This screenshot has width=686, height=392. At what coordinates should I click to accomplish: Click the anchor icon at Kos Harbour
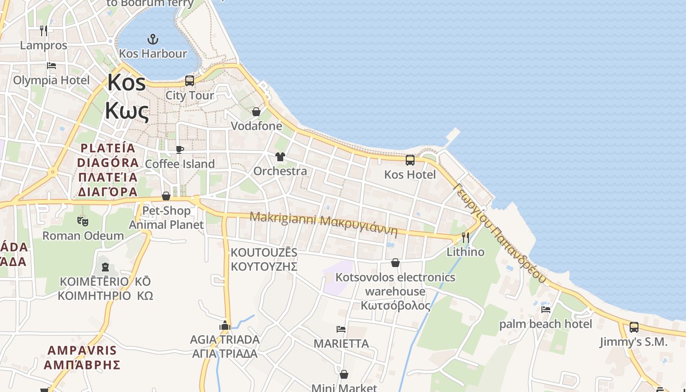tap(153, 39)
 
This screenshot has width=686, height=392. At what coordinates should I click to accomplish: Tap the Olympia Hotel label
tap(51, 80)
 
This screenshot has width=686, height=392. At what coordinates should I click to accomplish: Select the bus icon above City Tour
tap(190, 80)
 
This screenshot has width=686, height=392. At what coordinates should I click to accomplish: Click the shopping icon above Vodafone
tap(256, 112)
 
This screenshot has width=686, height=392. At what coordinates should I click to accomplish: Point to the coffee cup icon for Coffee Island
tap(180, 149)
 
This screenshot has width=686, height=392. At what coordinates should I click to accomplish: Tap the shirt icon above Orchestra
tap(280, 157)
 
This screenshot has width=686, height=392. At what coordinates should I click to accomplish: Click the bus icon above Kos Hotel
tap(410, 160)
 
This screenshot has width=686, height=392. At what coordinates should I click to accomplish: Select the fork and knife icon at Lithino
tap(465, 238)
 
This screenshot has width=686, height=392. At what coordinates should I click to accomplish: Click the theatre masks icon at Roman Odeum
tap(83, 221)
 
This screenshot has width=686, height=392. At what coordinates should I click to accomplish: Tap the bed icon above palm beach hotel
tap(545, 309)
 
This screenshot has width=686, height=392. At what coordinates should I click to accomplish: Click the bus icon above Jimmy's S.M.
tap(634, 327)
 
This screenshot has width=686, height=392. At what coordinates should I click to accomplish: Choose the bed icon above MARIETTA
tap(341, 329)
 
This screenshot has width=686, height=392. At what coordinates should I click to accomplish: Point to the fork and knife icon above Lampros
tap(44, 31)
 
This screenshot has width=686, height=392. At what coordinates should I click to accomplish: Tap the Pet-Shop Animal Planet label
tap(166, 218)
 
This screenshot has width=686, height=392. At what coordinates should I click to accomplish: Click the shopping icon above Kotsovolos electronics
tap(395, 263)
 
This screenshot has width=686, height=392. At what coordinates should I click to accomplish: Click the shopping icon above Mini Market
tap(344, 374)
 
